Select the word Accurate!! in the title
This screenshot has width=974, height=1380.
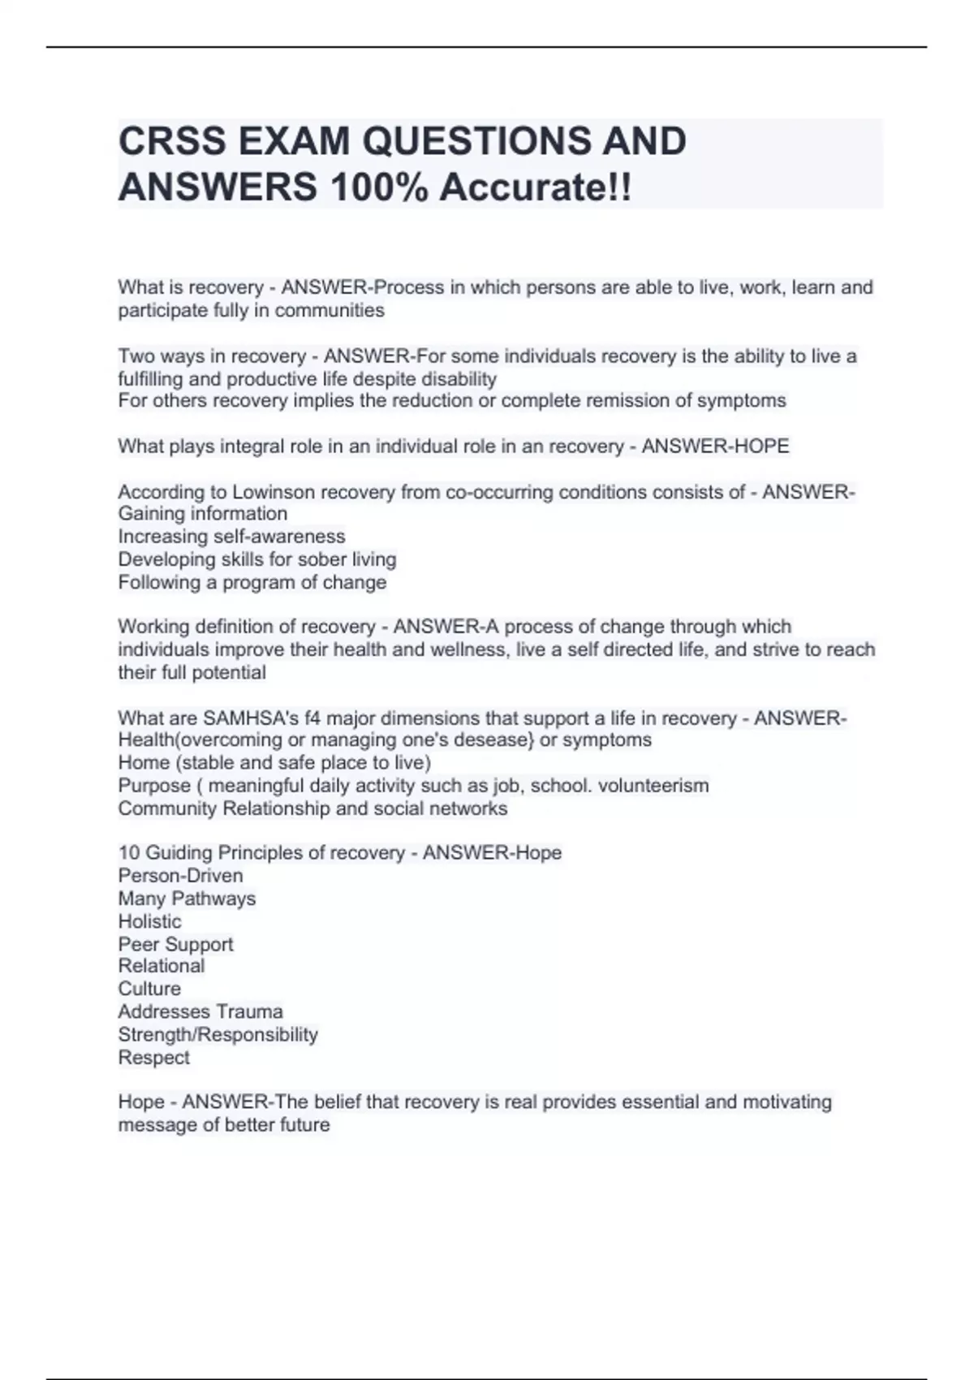[536, 188]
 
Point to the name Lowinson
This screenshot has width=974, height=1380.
[274, 492]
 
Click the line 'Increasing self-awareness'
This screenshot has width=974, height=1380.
[231, 537]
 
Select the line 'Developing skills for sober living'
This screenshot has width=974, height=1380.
[257, 559]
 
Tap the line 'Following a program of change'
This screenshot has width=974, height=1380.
[252, 582]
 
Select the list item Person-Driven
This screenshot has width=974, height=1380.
[180, 876]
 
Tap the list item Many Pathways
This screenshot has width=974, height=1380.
[187, 899]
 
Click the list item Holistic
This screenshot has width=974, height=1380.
[149, 921]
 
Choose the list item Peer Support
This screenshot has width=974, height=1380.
[175, 944]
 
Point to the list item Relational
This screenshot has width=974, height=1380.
[161, 966]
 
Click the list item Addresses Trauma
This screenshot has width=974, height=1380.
[200, 1011]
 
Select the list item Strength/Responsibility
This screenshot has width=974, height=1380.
[218, 1034]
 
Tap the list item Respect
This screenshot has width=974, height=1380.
[153, 1058]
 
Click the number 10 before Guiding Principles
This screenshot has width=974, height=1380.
[129, 853]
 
